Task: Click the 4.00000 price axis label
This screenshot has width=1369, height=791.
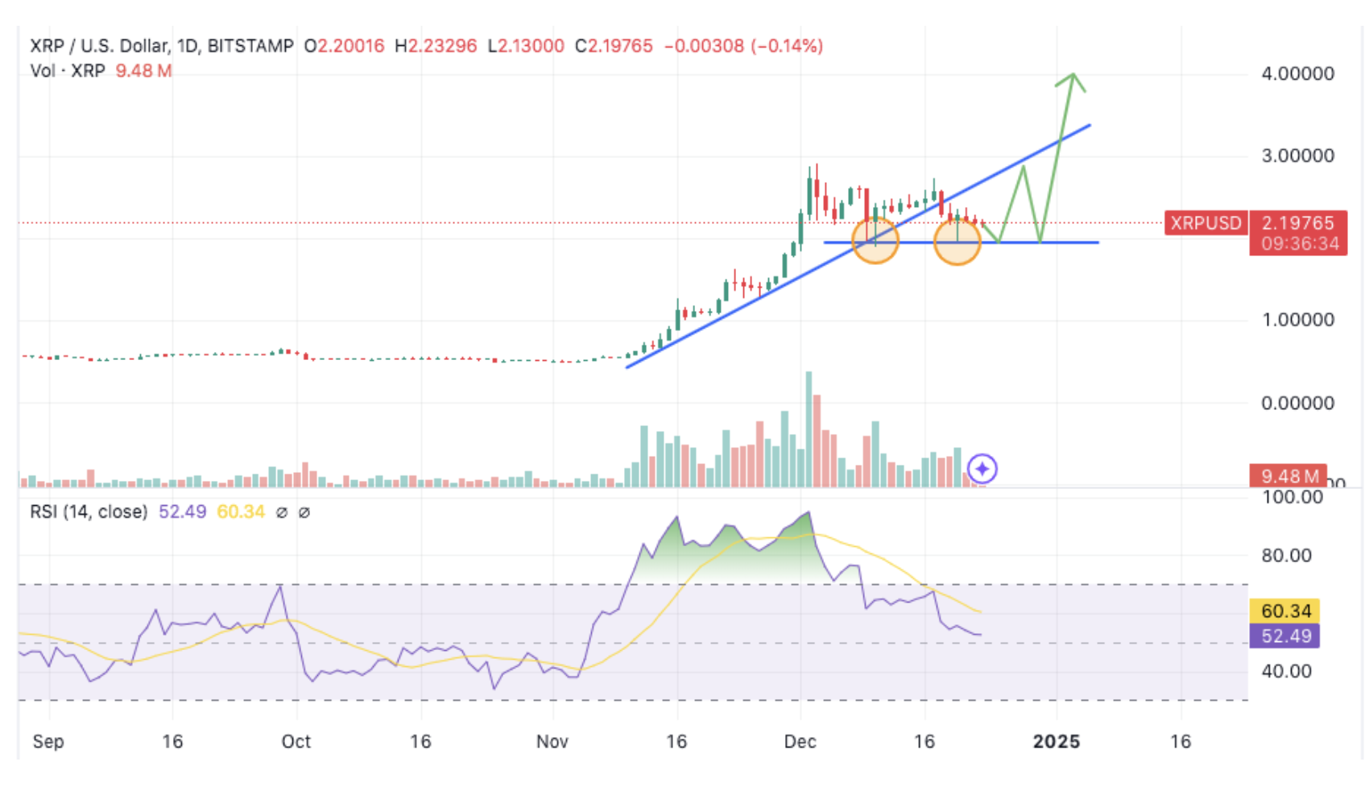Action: point(1297,73)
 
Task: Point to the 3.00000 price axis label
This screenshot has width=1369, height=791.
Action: point(1297,155)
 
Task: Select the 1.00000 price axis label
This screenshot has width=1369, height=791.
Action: point(1297,320)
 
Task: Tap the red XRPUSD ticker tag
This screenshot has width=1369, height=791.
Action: point(1206,223)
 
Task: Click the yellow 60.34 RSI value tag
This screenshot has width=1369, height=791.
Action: point(1285,611)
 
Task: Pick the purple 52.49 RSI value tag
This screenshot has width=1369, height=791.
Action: point(1285,636)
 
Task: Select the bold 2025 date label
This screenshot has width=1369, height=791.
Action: point(1056,741)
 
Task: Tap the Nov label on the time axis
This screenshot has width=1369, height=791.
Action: point(552,741)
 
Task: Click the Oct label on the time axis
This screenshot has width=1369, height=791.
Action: point(296,741)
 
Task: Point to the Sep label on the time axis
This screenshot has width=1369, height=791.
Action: point(48,741)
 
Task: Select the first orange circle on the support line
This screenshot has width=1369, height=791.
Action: point(875,241)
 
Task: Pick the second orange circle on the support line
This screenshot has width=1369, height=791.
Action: point(957,241)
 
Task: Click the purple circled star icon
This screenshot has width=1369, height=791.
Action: point(982,468)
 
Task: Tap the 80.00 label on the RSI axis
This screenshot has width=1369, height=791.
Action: point(1286,555)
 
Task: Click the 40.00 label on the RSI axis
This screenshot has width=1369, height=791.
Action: point(1286,671)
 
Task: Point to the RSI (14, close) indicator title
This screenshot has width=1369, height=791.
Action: point(89,511)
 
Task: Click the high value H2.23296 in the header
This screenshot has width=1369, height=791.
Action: point(436,46)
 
